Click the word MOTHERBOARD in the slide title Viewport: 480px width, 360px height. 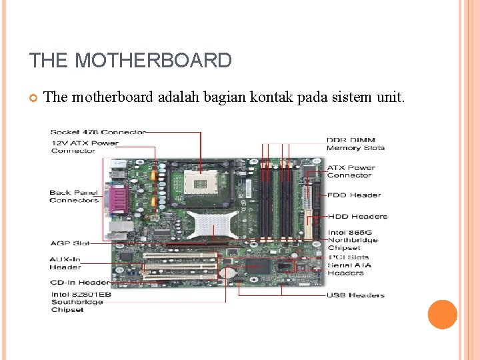(153, 61)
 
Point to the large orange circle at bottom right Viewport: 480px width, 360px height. (442, 315)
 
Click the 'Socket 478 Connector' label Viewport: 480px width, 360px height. (98, 132)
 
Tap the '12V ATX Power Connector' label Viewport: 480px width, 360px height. (84, 147)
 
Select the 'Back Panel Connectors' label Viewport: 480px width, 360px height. (74, 196)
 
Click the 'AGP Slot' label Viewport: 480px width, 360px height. (70, 243)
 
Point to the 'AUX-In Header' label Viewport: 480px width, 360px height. (65, 263)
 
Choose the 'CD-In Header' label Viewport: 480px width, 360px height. (79, 282)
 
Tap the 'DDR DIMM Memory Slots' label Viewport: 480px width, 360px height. (355, 144)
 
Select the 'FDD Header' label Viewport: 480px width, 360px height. (354, 195)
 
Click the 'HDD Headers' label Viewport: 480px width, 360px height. (357, 216)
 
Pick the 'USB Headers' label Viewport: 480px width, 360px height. (355, 295)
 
